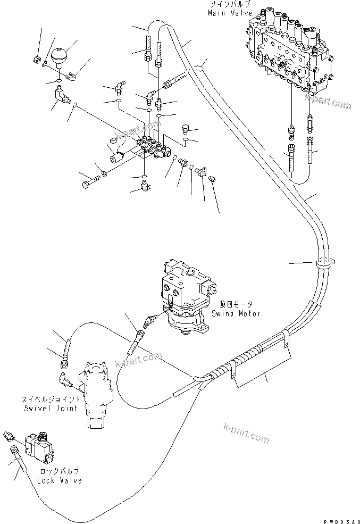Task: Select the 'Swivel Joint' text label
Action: coord(51,408)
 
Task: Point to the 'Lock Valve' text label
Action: coord(60,480)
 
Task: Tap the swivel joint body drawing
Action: coord(96,391)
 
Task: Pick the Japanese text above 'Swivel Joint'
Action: coord(51,398)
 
